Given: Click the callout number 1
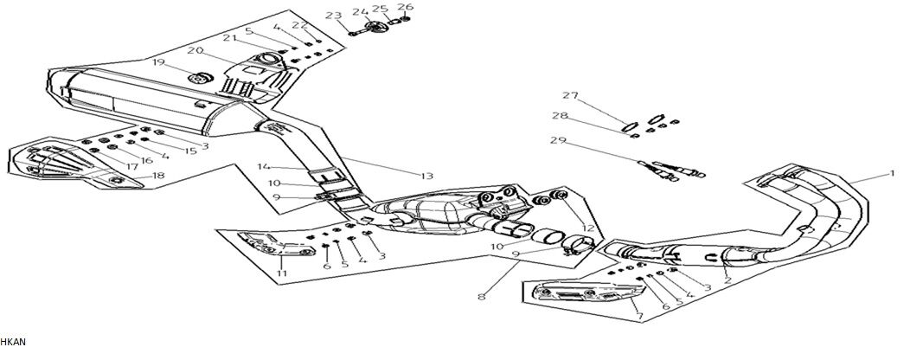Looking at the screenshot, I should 892,174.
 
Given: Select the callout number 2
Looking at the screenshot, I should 727,279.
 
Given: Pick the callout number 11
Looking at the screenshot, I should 280,274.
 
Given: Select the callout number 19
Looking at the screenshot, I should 157,62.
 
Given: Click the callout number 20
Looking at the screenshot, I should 195,50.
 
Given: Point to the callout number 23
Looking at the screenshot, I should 333,15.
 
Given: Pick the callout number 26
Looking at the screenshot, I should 406,8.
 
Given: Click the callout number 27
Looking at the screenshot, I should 569,95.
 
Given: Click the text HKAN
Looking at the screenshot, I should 14,343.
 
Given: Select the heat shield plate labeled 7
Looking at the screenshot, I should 576,294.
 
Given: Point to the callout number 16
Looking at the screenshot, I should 147,159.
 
